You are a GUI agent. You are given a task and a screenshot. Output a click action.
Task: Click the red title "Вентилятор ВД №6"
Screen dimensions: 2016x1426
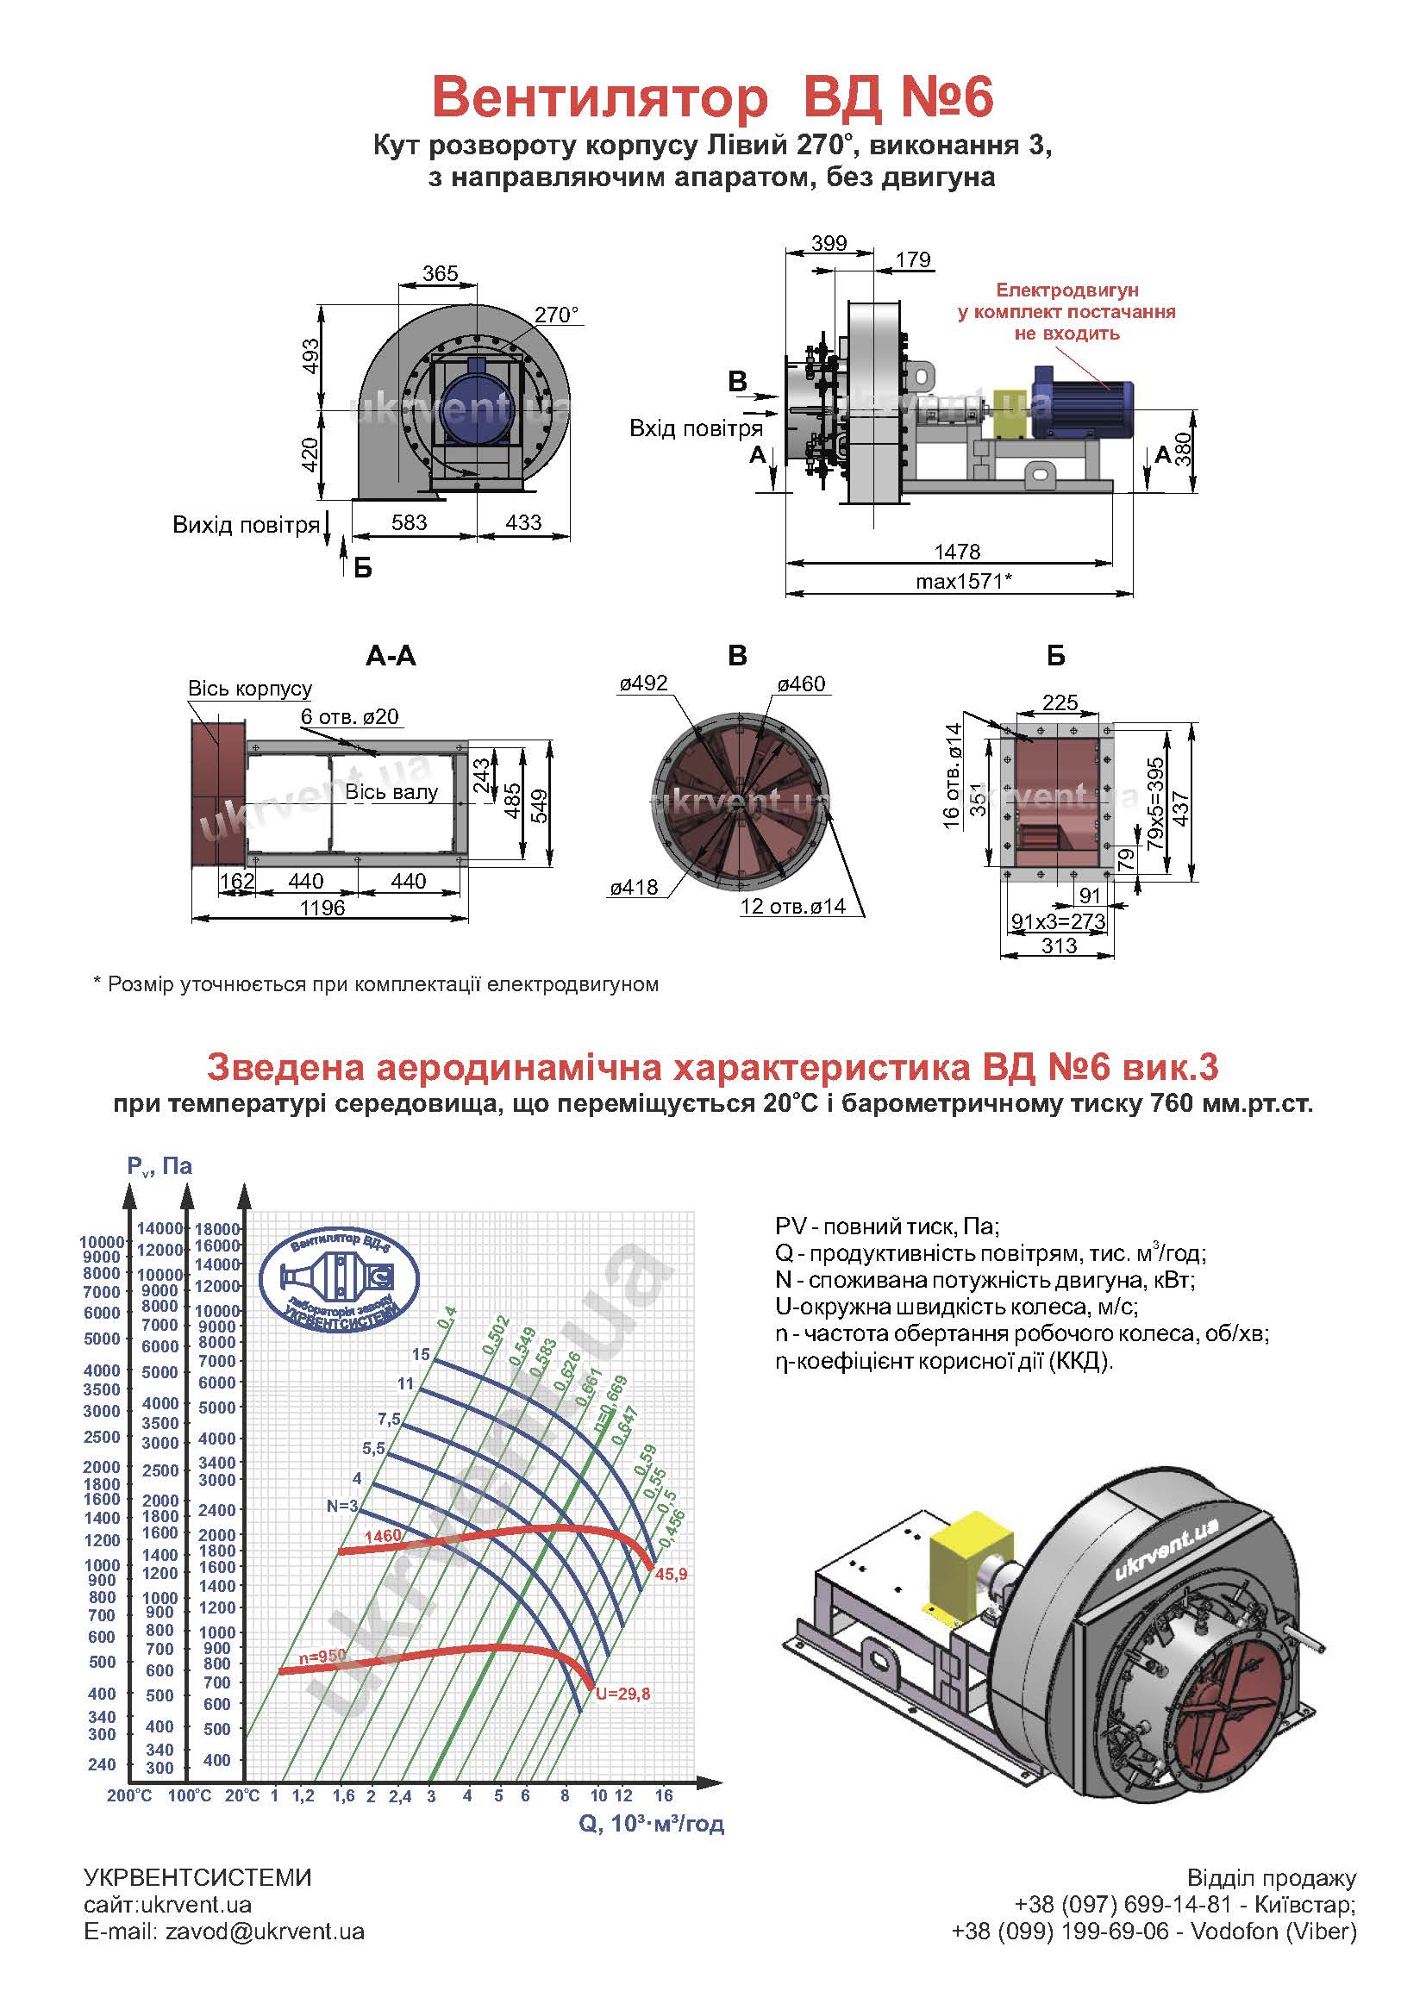click(712, 97)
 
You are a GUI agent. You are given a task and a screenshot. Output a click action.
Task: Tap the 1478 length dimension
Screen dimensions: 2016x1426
click(956, 552)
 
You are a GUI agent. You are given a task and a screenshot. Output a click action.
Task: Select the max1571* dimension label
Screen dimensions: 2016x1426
click(963, 581)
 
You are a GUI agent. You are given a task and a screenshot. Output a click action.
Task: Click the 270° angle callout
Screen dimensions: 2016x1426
click(557, 315)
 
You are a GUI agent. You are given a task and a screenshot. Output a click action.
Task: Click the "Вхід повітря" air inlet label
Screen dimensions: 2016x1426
click(696, 428)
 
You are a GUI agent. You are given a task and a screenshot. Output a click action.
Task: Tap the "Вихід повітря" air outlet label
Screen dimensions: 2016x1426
click(246, 525)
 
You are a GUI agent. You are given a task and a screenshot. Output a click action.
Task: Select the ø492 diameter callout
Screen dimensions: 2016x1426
click(643, 683)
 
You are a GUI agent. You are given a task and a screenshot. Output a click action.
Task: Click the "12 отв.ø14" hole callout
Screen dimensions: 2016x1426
click(792, 906)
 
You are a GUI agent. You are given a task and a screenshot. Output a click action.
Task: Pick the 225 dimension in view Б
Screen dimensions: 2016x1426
click(1060, 702)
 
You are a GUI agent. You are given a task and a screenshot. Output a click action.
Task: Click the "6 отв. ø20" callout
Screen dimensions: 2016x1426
click(349, 716)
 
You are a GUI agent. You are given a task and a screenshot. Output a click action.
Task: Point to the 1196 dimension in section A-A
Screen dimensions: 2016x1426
click(322, 907)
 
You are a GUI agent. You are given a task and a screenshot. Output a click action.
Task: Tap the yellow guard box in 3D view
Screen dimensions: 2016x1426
click(969, 1564)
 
